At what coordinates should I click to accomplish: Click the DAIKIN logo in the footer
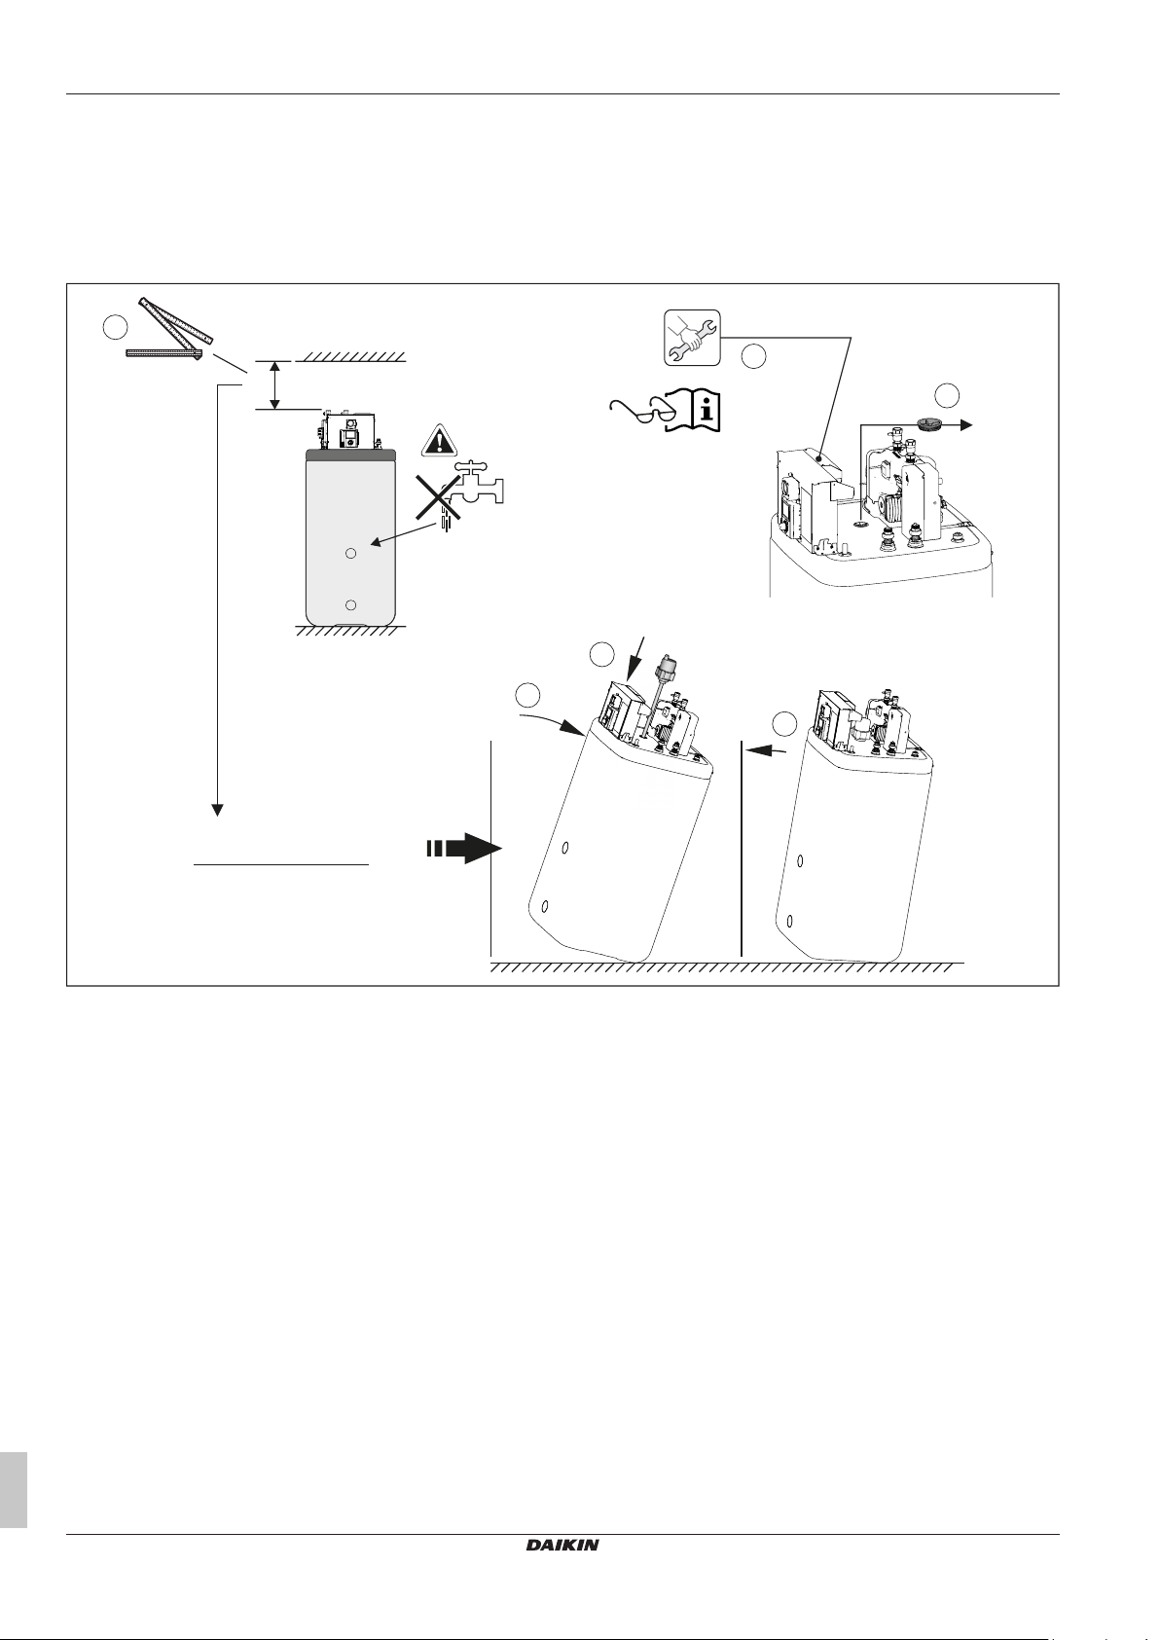coord(562,1544)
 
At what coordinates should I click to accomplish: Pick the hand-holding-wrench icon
coord(692,338)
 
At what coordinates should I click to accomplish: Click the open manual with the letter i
coord(698,412)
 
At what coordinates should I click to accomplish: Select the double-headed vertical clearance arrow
coord(275,384)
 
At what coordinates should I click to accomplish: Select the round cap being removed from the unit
coord(928,424)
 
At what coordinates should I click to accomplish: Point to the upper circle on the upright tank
coord(352,552)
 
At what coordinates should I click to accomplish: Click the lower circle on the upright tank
coord(352,604)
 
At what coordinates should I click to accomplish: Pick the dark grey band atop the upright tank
coord(350,455)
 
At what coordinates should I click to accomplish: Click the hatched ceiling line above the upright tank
coord(350,356)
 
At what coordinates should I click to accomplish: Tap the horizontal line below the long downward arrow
coord(281,863)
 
